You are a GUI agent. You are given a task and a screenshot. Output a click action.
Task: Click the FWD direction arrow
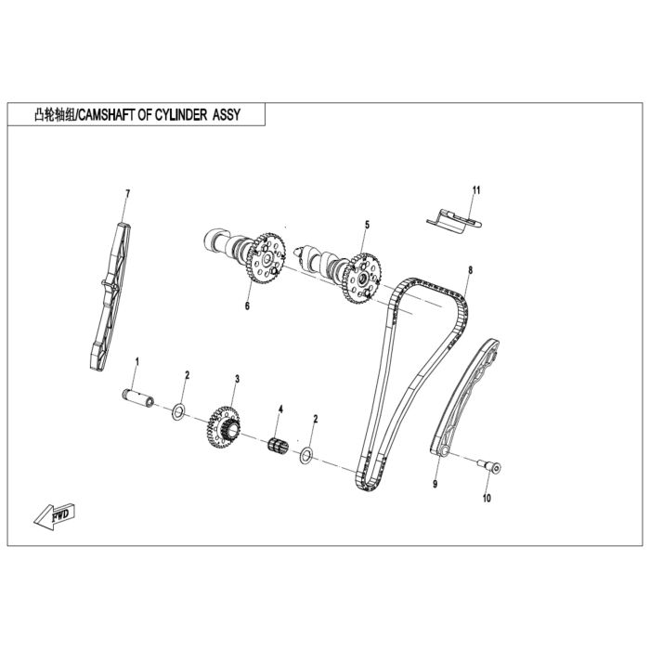[54, 515]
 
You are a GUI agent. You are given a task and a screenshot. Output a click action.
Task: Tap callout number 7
[128, 193]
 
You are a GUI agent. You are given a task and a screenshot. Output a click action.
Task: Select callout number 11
[476, 190]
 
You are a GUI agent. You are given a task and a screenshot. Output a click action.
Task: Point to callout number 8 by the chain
[470, 270]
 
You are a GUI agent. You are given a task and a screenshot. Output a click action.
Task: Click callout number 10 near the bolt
[487, 498]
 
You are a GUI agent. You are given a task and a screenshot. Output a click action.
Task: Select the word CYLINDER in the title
[181, 114]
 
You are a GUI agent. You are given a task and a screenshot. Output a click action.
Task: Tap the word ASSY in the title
[227, 114]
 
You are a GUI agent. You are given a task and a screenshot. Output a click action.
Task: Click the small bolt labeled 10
[489, 466]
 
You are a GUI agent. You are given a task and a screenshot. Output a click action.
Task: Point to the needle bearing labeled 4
[278, 445]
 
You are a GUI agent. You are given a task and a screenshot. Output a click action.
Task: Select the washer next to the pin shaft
[178, 411]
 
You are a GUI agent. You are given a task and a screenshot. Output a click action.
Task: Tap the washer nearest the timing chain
[306, 456]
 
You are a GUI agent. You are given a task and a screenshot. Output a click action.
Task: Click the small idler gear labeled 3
[224, 426]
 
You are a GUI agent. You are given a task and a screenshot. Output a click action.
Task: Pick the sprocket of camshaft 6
[266, 258]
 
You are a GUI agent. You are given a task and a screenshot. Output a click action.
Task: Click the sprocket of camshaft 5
[362, 279]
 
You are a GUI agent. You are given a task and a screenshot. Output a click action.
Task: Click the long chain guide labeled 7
[110, 296]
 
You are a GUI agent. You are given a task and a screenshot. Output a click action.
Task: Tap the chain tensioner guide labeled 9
[464, 397]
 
